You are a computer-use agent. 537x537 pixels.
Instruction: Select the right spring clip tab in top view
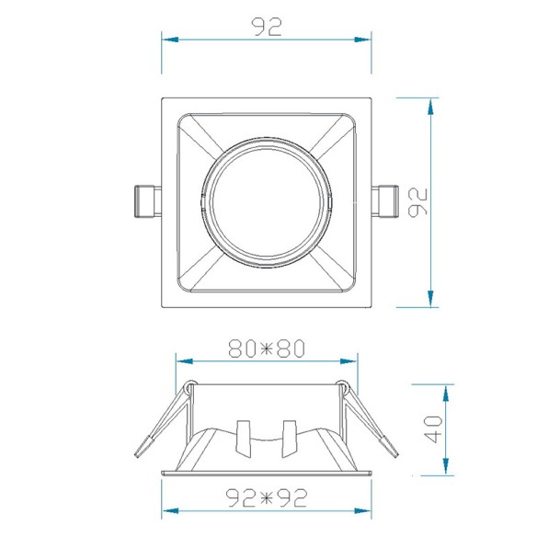pos(385,201)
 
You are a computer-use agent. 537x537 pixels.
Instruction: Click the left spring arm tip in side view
pos(143,446)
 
